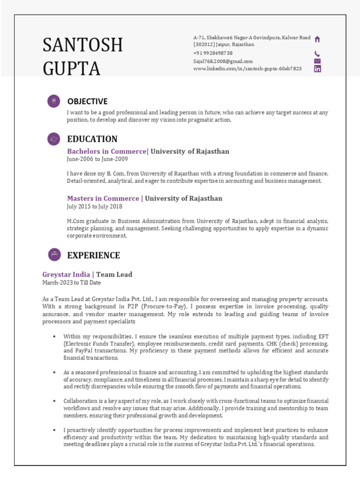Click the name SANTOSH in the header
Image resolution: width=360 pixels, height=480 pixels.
(82, 45)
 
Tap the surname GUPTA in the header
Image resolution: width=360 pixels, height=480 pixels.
(71, 68)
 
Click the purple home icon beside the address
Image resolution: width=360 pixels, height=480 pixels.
(317, 39)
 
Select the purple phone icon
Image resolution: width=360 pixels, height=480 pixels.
(317, 53)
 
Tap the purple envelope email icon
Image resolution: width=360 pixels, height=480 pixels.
(317, 61)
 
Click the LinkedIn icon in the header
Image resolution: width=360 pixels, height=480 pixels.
(317, 69)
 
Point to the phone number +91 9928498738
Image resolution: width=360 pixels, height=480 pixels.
(213, 53)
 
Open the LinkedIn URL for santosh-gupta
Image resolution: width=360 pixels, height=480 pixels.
(247, 68)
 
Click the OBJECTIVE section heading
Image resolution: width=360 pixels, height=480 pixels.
(87, 101)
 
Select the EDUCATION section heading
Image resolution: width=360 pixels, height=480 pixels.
(92, 139)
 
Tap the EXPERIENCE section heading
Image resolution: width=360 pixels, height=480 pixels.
(94, 255)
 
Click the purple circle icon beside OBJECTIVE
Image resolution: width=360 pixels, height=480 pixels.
(54, 101)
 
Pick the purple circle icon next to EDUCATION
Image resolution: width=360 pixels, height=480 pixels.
(54, 139)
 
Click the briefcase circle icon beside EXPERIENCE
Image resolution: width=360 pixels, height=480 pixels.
(54, 255)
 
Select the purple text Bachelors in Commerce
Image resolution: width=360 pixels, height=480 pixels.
(107, 151)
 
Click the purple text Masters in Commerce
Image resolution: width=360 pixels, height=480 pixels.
(103, 198)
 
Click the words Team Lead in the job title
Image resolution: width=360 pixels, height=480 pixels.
(114, 275)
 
